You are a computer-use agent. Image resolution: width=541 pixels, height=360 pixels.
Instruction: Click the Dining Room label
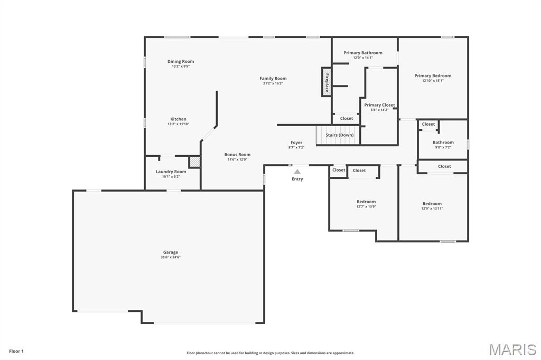tap(181, 62)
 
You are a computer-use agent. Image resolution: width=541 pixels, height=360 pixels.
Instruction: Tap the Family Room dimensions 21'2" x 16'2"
tap(273, 83)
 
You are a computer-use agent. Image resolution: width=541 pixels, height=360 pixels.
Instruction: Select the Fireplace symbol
tap(327, 82)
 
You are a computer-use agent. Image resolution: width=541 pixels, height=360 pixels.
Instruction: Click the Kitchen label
tap(178, 119)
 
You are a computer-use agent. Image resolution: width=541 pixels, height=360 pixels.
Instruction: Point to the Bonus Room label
tap(237, 155)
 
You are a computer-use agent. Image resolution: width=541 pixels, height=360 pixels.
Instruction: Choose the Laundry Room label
tap(171, 172)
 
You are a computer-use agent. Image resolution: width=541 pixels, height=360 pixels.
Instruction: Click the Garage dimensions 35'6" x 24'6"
tap(170, 258)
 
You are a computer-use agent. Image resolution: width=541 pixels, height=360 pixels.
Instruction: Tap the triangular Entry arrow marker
tap(297, 172)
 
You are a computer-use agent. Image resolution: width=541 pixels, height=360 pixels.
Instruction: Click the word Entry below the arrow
tap(297, 179)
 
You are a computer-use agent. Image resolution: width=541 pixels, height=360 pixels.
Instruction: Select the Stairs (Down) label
tap(339, 135)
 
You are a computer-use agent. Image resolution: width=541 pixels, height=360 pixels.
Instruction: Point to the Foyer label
tap(296, 143)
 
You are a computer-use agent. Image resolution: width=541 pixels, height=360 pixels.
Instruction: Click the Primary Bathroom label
tap(362, 53)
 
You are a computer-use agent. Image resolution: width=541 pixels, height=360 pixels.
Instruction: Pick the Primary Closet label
tap(379, 105)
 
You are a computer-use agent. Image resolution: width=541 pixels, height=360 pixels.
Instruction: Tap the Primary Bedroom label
tap(433, 76)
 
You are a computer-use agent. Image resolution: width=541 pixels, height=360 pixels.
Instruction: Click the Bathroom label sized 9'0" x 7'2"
tap(443, 143)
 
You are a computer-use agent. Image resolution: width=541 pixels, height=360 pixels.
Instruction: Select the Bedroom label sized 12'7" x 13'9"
tap(366, 202)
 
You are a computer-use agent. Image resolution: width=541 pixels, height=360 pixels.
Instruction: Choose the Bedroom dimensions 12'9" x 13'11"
tap(432, 209)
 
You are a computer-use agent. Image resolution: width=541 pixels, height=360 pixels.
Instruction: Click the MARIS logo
tap(512, 349)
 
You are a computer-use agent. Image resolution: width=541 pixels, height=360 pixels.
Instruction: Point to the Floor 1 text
tap(16, 351)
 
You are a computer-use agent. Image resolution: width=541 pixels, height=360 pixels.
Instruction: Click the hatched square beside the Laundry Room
tap(194, 162)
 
